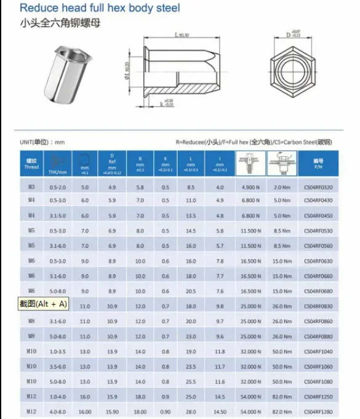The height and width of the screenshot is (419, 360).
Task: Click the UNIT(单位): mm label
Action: (x=42, y=142)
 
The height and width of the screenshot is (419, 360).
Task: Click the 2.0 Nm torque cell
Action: (x=282, y=186)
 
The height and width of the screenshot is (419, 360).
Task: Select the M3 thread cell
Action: (x=31, y=186)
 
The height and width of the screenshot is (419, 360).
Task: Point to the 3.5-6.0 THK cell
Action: (x=57, y=366)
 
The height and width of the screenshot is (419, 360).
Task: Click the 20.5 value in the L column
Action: (x=190, y=291)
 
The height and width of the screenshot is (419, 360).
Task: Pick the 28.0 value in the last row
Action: (x=190, y=411)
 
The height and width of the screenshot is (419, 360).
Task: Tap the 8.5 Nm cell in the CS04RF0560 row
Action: (x=282, y=246)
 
